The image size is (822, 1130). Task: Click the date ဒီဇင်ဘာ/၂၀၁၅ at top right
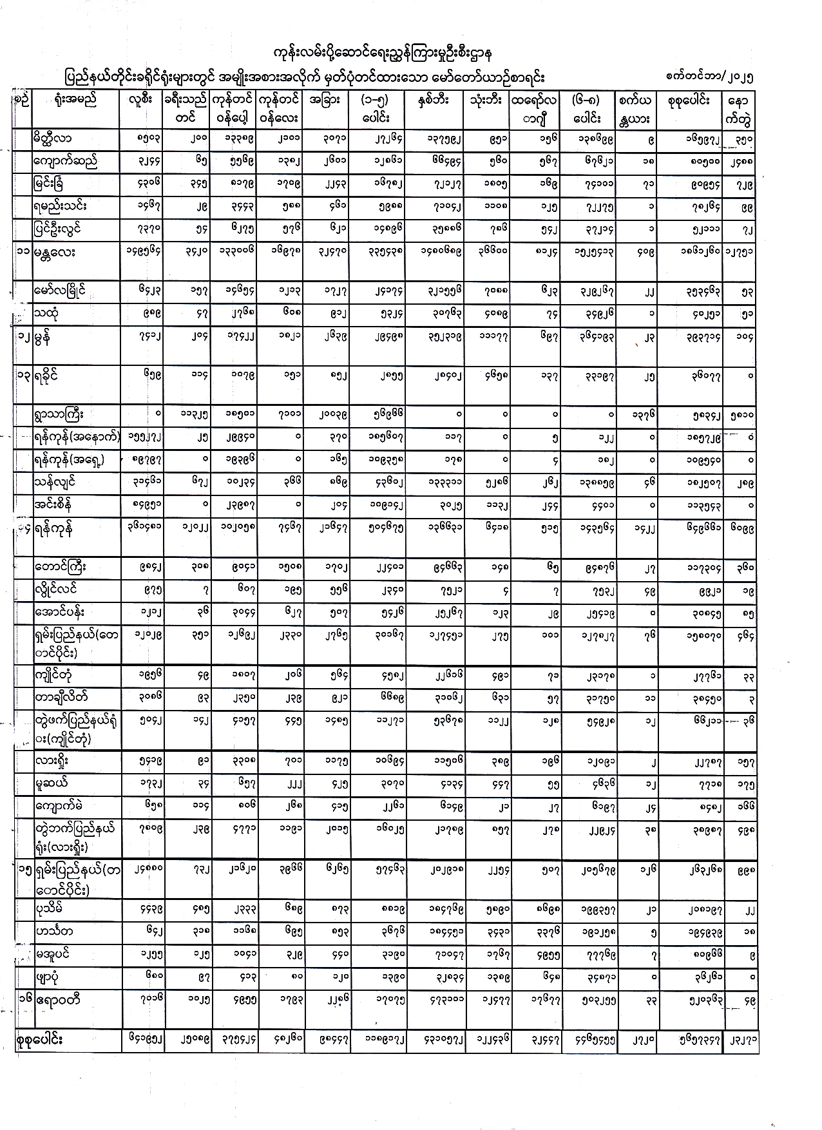point(710,77)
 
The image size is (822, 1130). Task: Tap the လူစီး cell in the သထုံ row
point(143,314)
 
